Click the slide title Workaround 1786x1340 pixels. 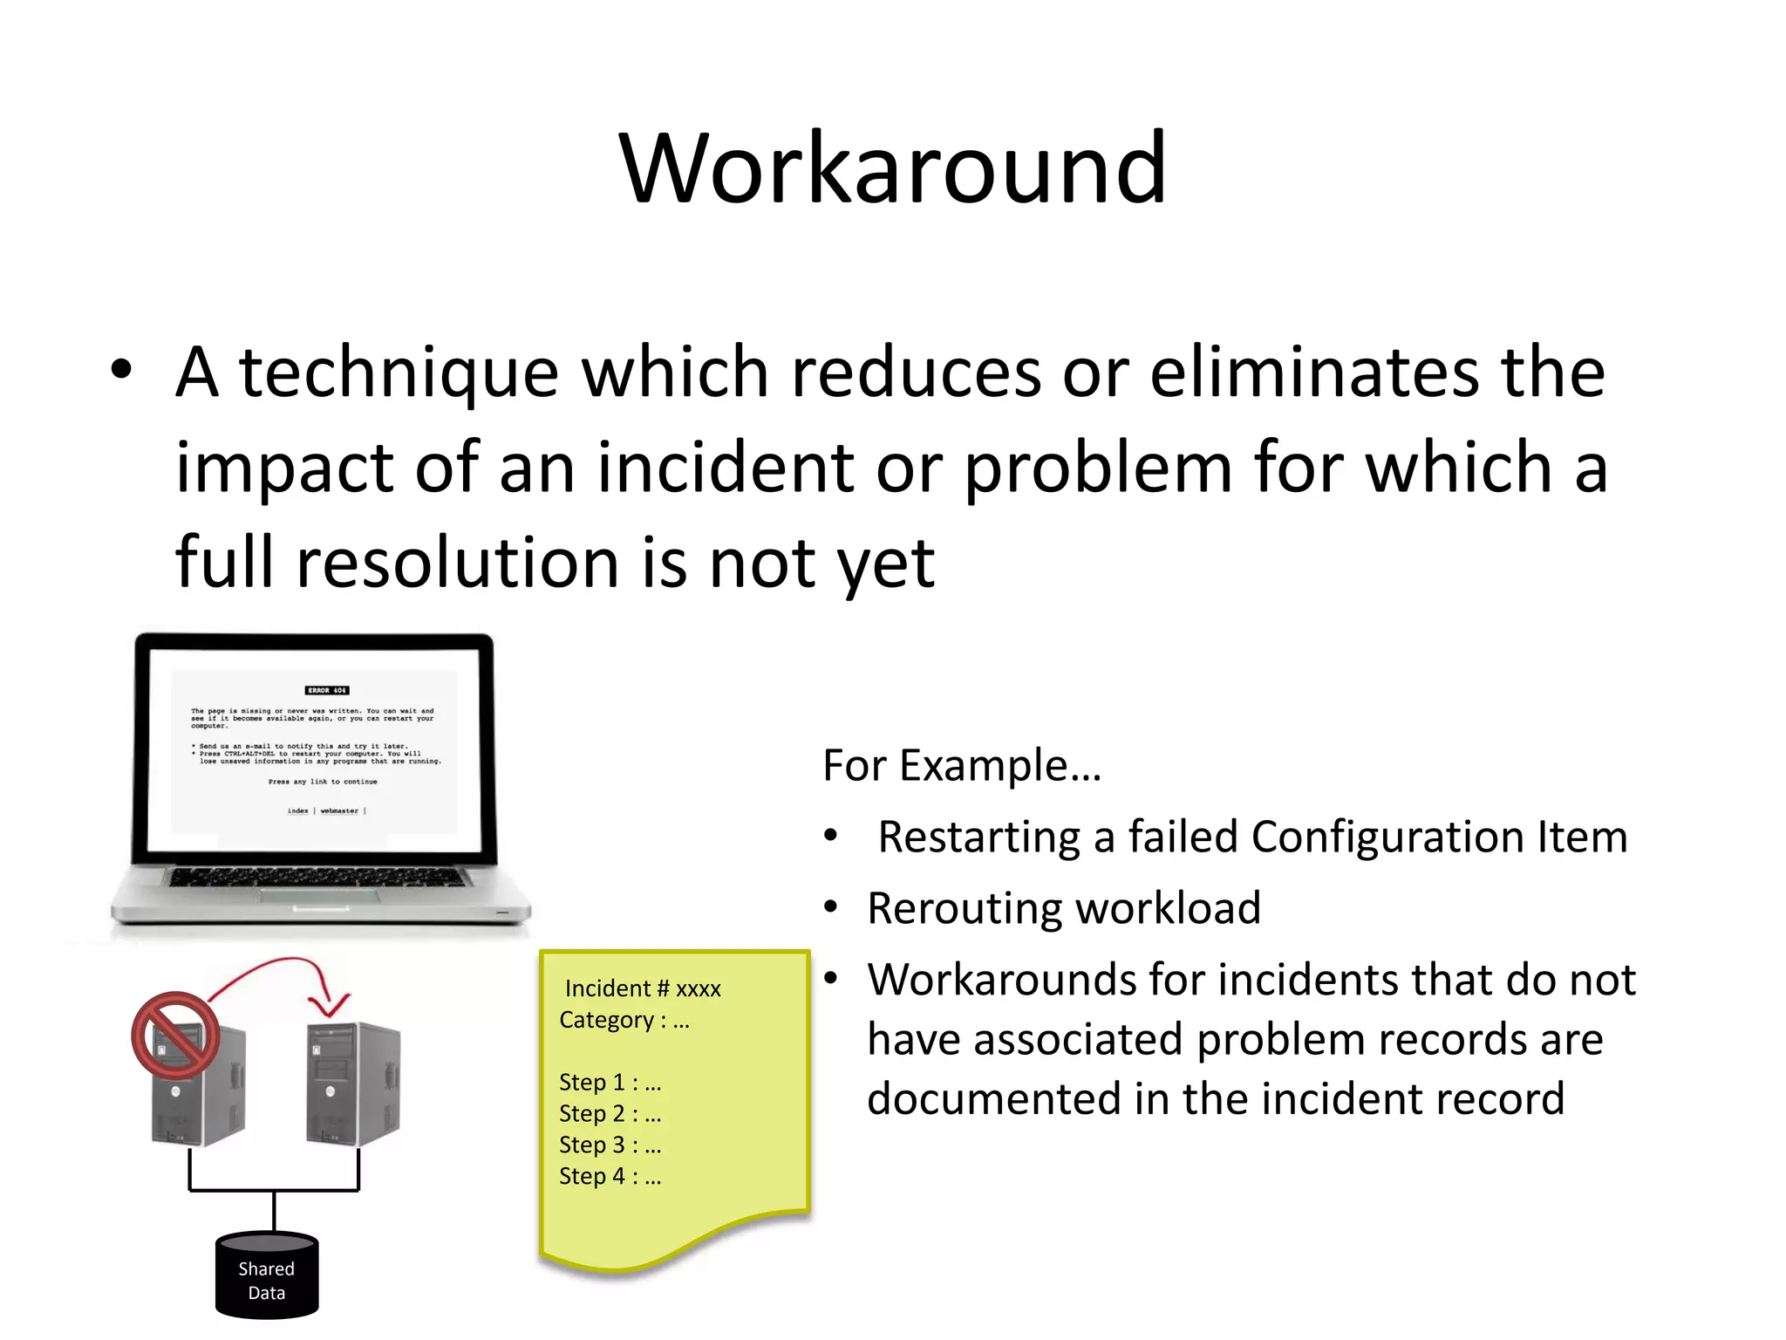[x=892, y=167]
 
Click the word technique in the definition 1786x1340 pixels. [x=399, y=373]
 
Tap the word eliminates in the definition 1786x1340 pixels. [x=1314, y=373]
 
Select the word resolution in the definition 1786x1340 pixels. [x=458, y=563]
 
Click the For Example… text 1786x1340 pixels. [x=962, y=766]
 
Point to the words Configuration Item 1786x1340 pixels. [x=1439, y=837]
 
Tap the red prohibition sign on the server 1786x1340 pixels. [x=175, y=1036]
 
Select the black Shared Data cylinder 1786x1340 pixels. [x=267, y=1275]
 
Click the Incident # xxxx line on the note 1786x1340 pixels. [x=643, y=988]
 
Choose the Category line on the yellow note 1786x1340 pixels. [x=624, y=1020]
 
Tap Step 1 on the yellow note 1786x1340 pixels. [x=610, y=1083]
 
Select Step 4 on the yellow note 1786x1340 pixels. [x=610, y=1177]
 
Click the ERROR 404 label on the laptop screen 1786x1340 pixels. [x=327, y=690]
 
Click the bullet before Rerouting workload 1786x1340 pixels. [x=831, y=908]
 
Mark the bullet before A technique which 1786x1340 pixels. [x=121, y=370]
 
